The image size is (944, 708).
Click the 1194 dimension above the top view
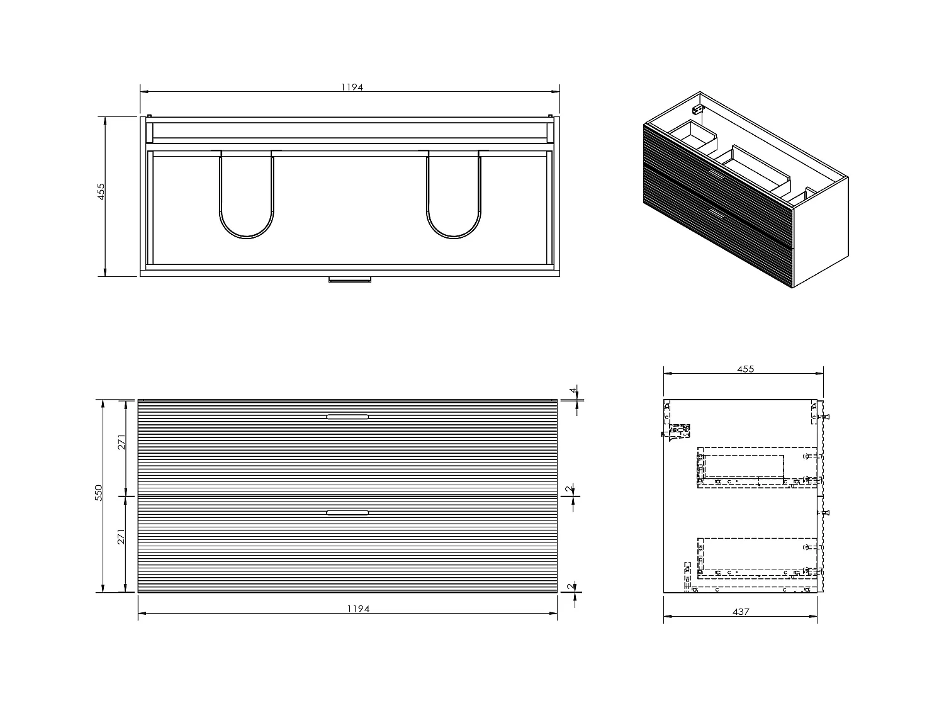352,87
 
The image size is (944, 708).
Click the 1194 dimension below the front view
357,609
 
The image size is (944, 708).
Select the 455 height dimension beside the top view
101,192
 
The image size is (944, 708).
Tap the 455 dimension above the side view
745,369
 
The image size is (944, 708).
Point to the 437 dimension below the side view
741,612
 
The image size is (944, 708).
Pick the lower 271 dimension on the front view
122,536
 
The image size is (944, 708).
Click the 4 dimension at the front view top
573,391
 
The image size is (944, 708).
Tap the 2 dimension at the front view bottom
570,587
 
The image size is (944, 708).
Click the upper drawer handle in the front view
347,417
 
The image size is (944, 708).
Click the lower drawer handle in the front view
347,513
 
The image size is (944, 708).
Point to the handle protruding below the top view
350,279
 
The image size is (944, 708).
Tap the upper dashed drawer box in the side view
755,469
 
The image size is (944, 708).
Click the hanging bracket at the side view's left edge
677,432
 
